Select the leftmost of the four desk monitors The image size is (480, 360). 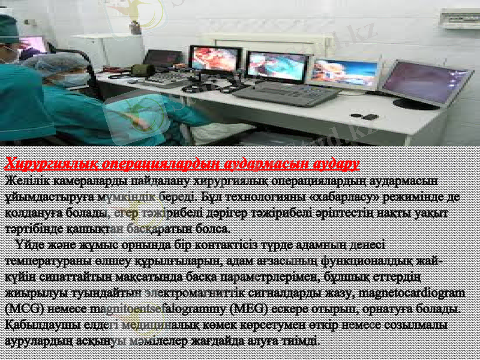click(215, 61)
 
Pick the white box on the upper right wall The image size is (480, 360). click(459, 19)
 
